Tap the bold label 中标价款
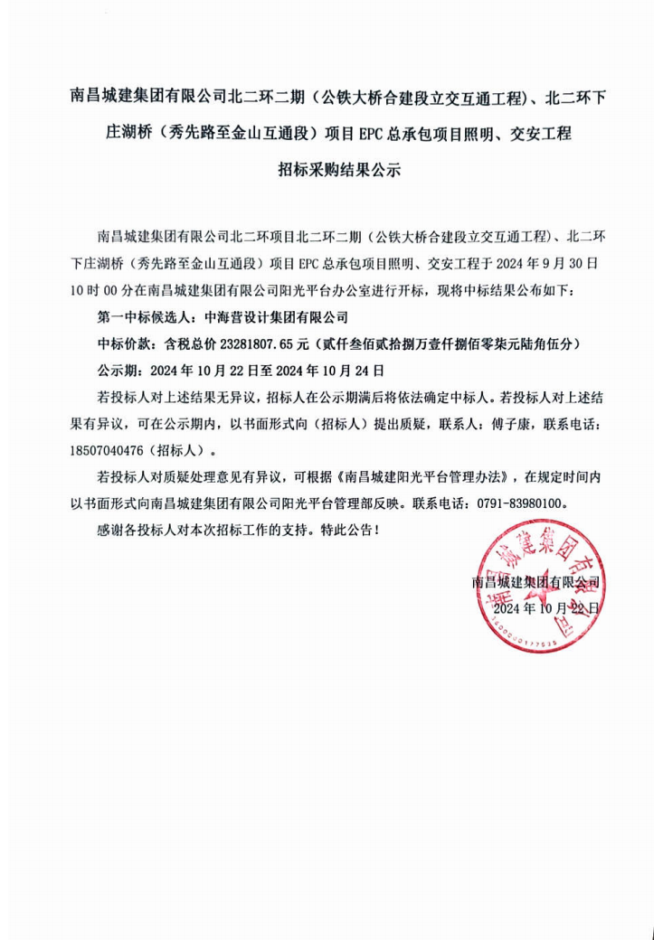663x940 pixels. (122, 344)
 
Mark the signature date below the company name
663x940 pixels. (545, 608)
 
